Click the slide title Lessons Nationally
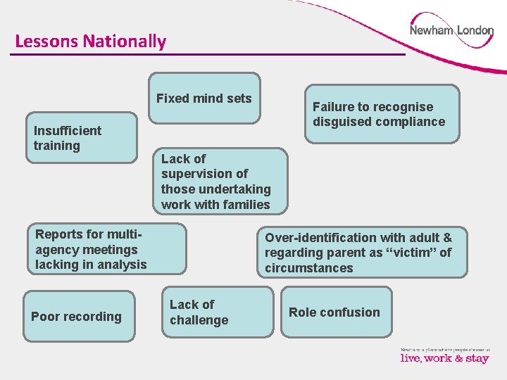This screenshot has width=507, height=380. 90,41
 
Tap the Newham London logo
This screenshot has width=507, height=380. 451,31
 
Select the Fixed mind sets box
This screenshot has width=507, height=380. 204,99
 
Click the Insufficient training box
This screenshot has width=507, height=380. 82,138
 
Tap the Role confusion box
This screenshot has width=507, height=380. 334,312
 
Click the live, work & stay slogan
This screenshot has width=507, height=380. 444,357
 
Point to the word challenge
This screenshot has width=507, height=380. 199,320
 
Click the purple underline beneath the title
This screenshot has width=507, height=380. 211,54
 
